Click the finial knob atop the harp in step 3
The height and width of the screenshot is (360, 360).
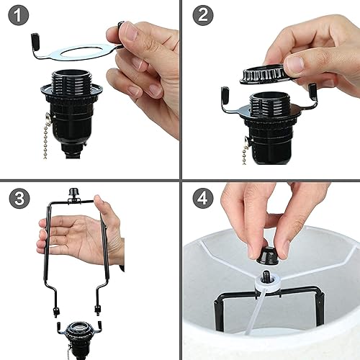72,194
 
